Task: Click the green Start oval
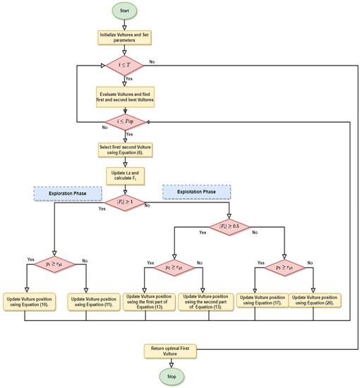point(124,11)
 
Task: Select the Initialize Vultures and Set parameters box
point(124,37)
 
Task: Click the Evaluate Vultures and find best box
point(124,95)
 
